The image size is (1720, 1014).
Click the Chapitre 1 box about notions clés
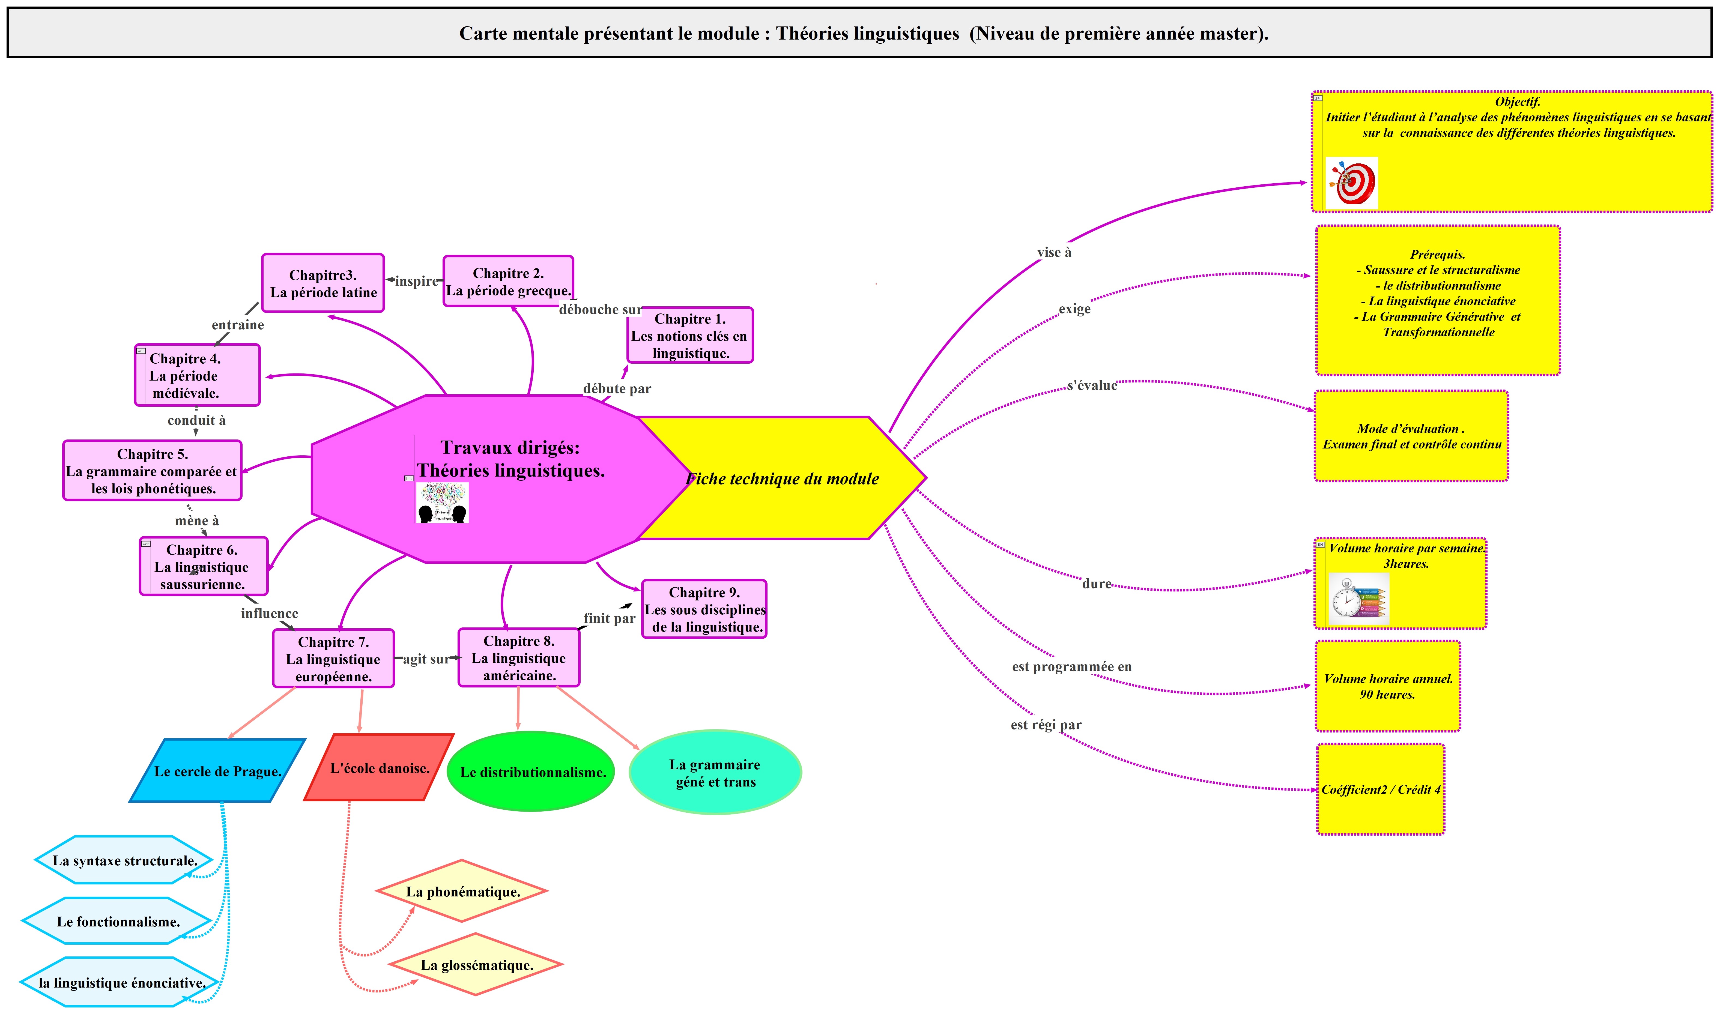coord(689,336)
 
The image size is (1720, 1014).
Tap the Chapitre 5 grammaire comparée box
coord(152,471)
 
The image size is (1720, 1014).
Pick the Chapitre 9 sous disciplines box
coord(704,609)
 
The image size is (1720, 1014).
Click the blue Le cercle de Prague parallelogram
coord(217,771)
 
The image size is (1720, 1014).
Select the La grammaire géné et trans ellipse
coord(715,773)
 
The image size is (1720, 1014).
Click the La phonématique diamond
coord(463,892)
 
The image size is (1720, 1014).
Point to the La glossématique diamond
coord(476,965)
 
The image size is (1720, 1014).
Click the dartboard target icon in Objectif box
coord(1351,183)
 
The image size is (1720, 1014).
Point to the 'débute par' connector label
coord(616,389)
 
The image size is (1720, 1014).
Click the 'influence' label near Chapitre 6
coord(269,614)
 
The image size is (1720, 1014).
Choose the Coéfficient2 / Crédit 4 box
coord(1380,789)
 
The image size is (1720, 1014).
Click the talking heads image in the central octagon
coord(442,503)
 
